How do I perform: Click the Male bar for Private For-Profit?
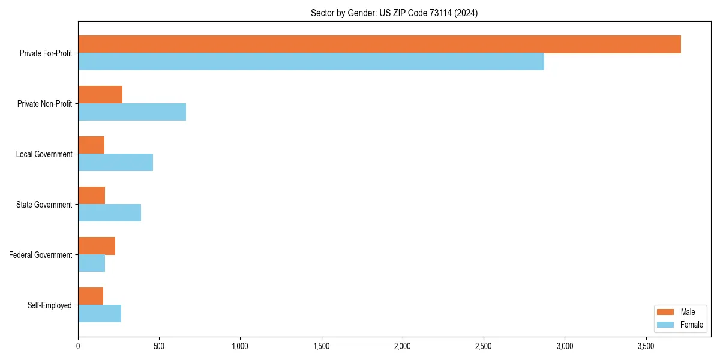379,44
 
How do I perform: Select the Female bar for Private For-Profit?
311,62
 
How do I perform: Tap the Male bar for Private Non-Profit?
100,95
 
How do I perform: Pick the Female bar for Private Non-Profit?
132,112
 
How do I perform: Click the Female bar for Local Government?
115,163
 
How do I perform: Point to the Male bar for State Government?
91,196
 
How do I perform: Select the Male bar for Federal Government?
97,246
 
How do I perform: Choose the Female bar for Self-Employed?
100,314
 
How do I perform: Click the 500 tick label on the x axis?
159,346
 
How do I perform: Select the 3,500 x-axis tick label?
646,346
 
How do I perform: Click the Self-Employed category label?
50,305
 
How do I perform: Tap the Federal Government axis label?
41,255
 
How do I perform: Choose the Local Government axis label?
44,154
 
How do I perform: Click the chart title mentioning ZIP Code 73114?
394,13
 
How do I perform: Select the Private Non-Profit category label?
44,104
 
